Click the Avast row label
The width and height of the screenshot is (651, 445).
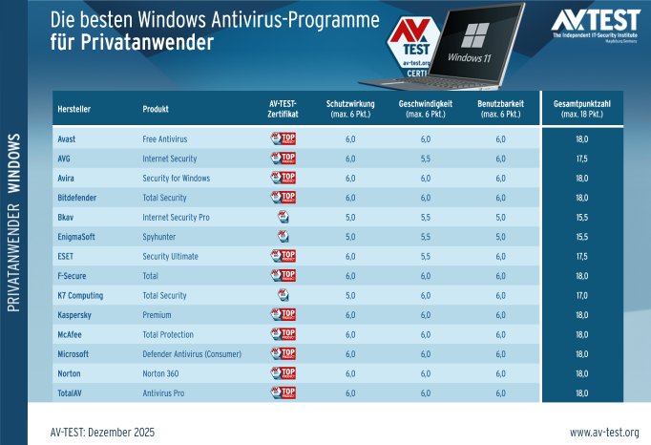click(67, 138)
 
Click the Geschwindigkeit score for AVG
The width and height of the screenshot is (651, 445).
click(425, 159)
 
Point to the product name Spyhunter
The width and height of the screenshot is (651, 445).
click(159, 236)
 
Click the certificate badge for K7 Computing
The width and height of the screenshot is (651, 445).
click(283, 295)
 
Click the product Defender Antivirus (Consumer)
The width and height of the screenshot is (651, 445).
click(192, 353)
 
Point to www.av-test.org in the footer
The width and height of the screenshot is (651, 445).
click(603, 433)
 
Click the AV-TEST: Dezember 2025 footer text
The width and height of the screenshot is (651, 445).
click(101, 433)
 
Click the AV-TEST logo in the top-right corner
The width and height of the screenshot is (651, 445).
click(597, 23)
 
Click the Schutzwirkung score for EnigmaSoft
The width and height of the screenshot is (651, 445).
click(350, 236)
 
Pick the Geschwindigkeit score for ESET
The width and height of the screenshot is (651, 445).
click(425, 256)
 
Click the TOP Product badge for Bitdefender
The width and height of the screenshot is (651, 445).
click(283, 197)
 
